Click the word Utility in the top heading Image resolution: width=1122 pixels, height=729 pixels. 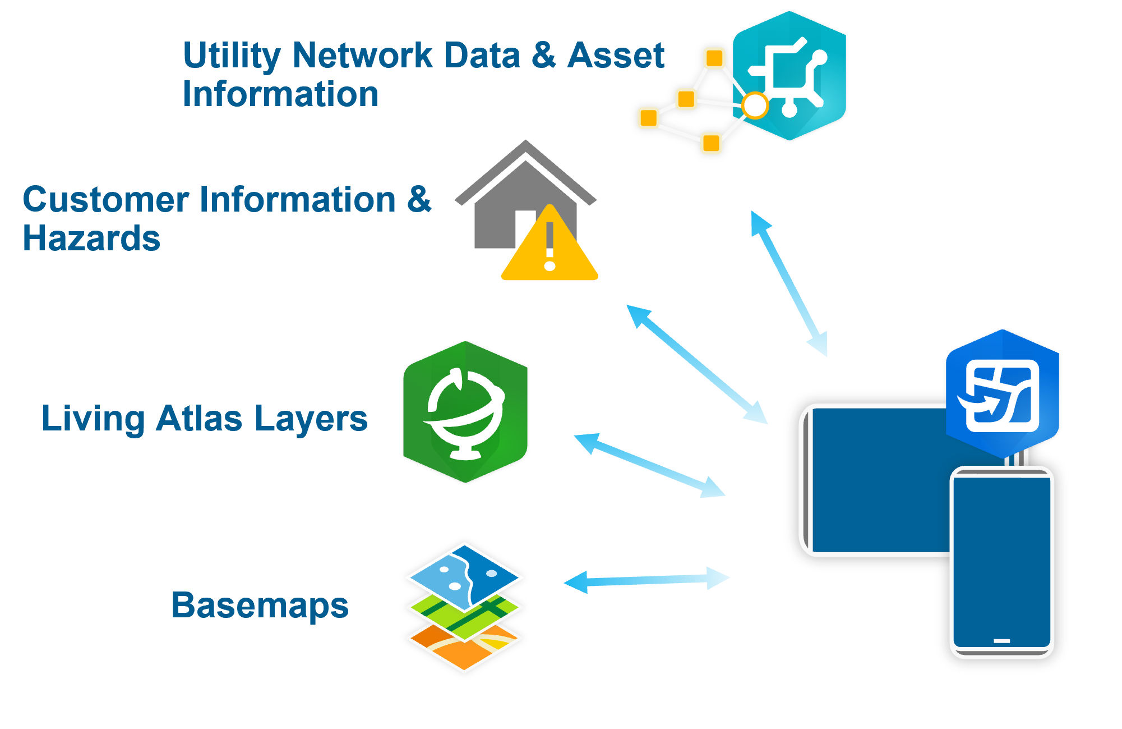click(x=231, y=56)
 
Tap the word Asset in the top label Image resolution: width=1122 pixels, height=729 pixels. click(x=615, y=56)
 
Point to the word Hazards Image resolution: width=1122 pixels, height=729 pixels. click(x=91, y=239)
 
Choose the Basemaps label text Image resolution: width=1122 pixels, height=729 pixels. click(x=260, y=606)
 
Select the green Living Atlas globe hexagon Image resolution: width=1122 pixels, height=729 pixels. click(x=465, y=412)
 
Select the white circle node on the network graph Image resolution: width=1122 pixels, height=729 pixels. click(x=755, y=105)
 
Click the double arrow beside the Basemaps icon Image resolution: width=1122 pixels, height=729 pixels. click(x=646, y=580)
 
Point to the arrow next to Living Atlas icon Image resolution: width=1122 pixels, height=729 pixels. click(x=649, y=465)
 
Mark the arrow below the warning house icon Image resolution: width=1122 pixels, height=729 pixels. click(x=696, y=364)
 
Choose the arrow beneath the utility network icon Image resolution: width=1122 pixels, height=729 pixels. click(x=788, y=283)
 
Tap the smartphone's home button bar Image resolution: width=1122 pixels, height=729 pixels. click(x=1001, y=641)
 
